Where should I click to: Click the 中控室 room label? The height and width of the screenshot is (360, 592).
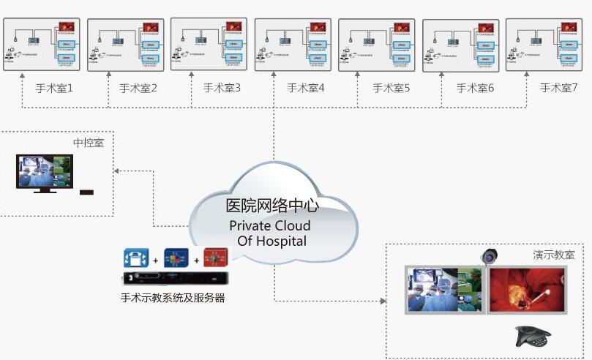[x=89, y=142]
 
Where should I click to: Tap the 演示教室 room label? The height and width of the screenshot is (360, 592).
[x=553, y=255]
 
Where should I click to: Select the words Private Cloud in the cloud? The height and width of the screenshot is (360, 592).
[x=269, y=225]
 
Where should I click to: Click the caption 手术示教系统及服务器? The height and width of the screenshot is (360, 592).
[x=173, y=297]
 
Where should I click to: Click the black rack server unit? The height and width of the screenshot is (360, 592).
[x=176, y=279]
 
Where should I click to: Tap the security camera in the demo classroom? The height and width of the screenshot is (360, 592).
[x=489, y=256]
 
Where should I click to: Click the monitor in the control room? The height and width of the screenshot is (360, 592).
[x=45, y=173]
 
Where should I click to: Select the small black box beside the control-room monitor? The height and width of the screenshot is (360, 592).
[x=86, y=192]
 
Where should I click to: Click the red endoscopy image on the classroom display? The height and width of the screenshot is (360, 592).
[x=527, y=290]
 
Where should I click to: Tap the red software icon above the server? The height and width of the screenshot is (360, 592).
[x=216, y=258]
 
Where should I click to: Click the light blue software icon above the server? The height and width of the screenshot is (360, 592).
[x=136, y=258]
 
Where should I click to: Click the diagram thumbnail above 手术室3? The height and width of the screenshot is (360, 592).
[x=209, y=44]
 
